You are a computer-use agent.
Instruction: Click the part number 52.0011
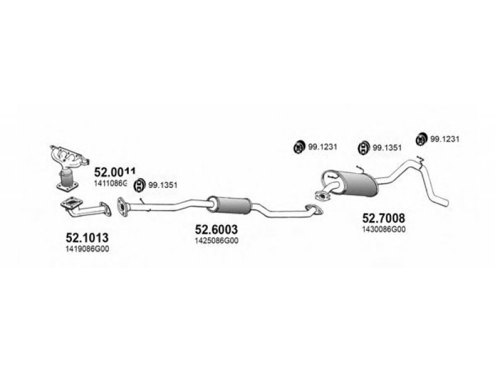115,171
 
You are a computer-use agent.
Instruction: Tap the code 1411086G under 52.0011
110,184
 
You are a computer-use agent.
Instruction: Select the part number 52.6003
217,229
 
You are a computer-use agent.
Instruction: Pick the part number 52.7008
383,217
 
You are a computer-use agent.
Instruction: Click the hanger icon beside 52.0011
140,184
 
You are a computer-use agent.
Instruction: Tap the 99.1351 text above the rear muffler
387,148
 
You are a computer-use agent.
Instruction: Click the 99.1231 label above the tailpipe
445,139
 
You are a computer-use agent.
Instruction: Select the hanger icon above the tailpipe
421,139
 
